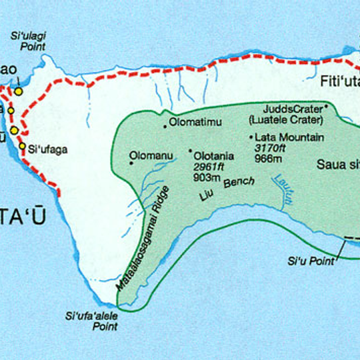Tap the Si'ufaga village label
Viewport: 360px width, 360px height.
(x=47, y=150)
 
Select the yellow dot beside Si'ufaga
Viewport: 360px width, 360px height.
(x=22, y=146)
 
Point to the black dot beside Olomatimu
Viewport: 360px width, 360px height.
(x=165, y=125)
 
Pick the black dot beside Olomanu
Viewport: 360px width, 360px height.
(x=131, y=159)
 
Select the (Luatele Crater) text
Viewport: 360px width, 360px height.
(x=284, y=119)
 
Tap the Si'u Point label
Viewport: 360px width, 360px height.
(x=311, y=261)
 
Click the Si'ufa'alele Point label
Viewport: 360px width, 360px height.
(x=91, y=321)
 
